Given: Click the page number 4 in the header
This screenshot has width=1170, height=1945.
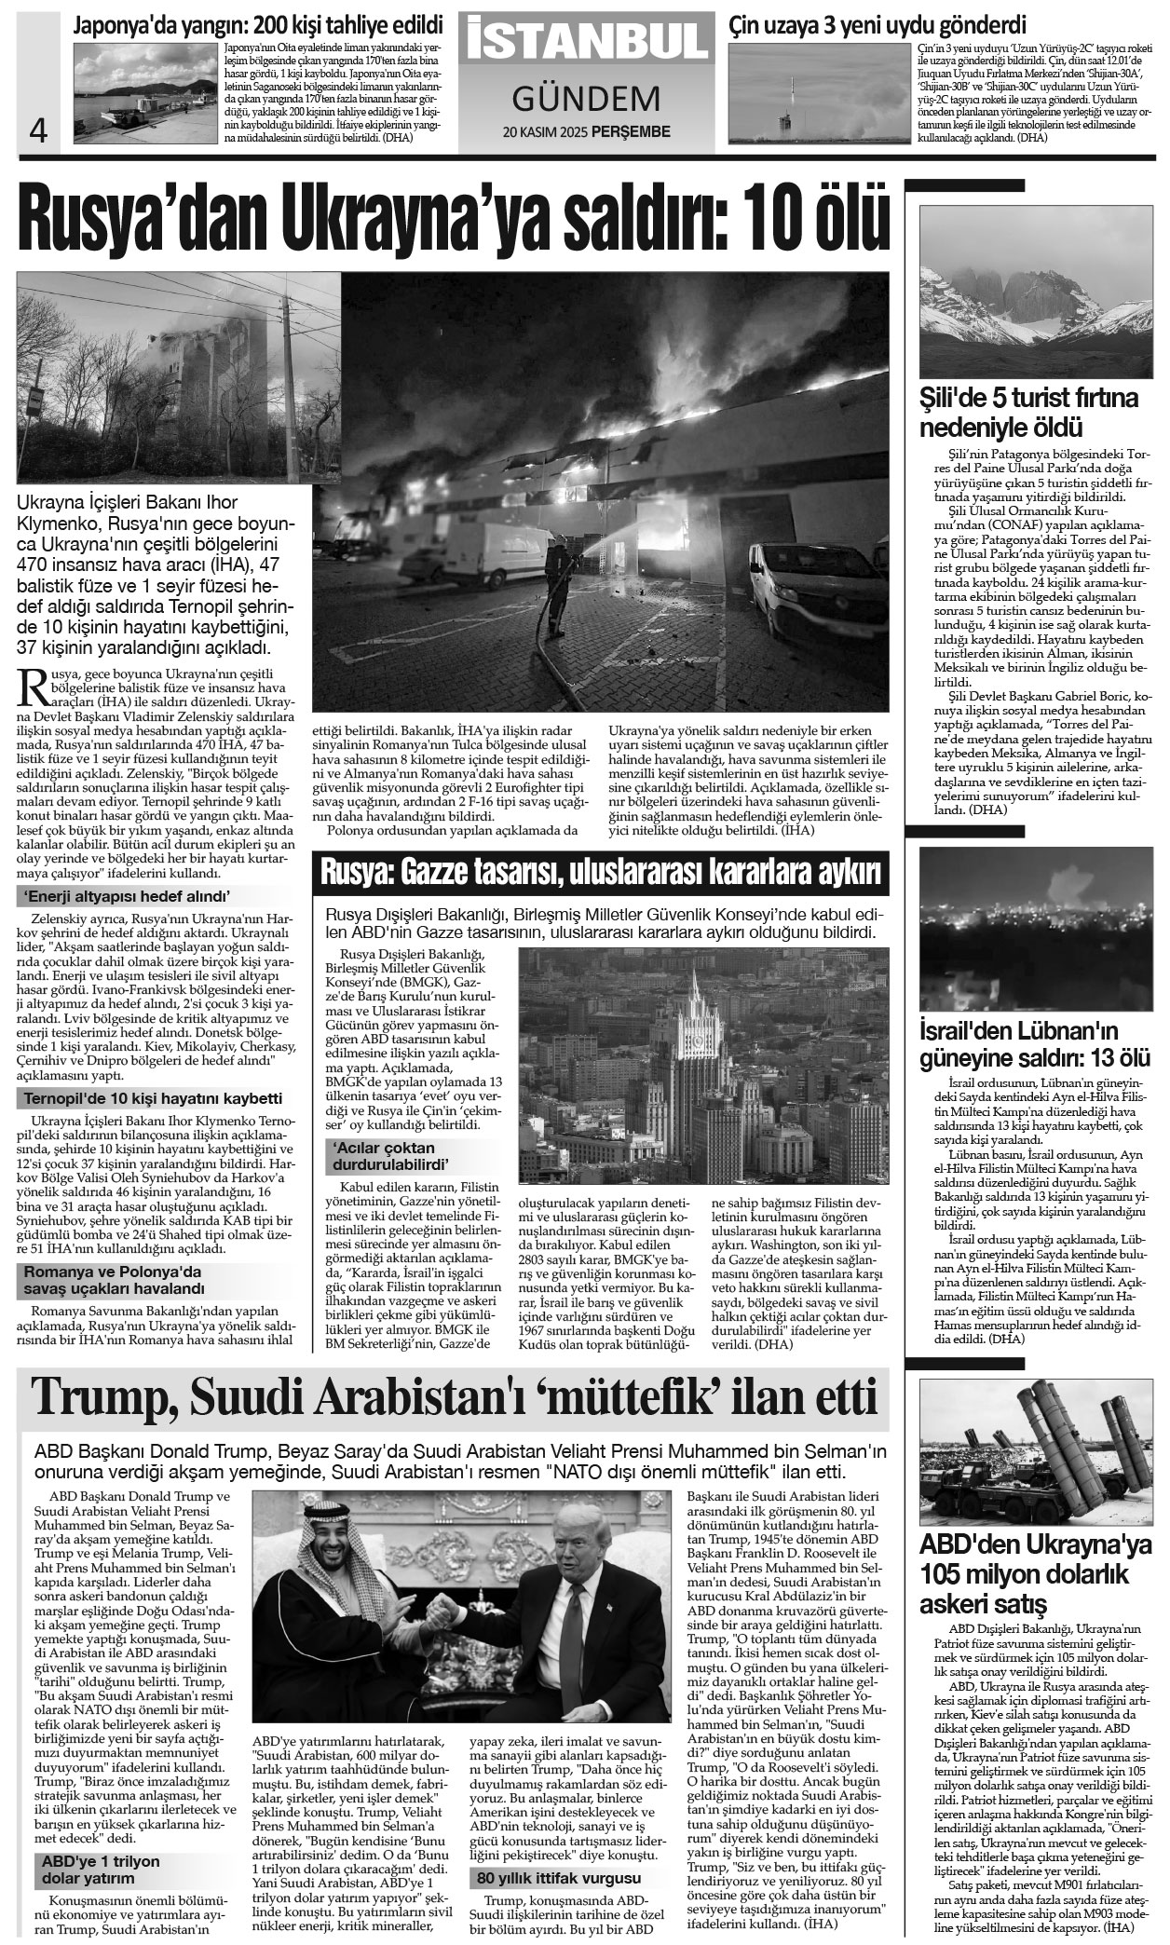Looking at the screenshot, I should point(38,129).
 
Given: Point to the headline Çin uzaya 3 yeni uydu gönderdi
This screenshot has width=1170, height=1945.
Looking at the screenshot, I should point(877,24).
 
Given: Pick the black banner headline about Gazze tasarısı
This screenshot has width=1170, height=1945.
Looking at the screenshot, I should point(601,874).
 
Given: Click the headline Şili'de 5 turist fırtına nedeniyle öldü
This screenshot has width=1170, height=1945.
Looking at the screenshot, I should point(1028,414).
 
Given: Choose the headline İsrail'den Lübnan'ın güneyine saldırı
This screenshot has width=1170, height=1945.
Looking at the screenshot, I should point(1034,1045).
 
